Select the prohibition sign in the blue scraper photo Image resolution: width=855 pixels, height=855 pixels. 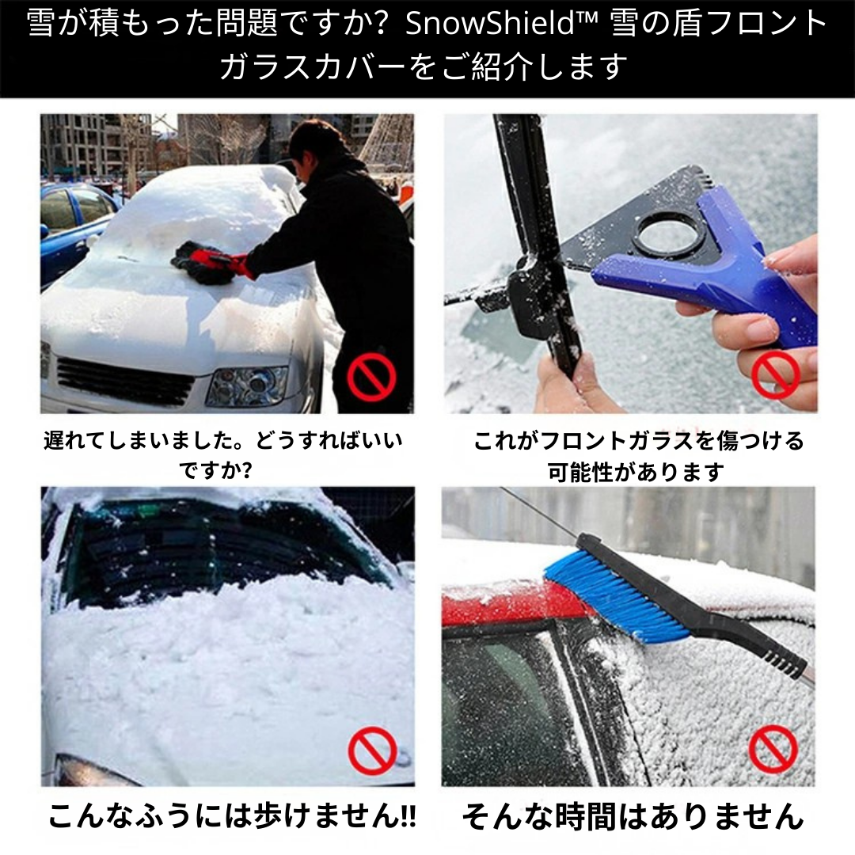[775, 374]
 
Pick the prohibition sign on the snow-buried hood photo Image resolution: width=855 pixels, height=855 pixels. [371, 749]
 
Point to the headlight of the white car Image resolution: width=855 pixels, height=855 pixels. [246, 385]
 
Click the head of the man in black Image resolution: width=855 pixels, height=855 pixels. [317, 142]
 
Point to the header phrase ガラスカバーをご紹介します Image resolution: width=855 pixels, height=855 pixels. [424, 66]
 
